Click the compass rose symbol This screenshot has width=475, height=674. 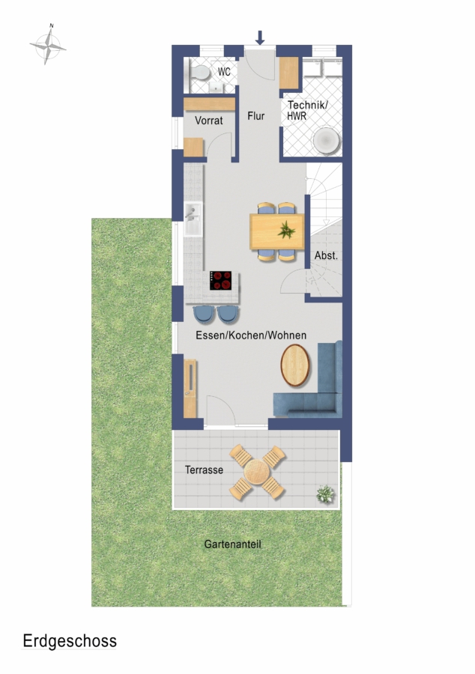click(x=48, y=45)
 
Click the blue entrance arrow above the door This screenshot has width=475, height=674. click(x=260, y=37)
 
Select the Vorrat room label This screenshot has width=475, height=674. click(x=209, y=121)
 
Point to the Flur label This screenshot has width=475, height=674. click(x=255, y=116)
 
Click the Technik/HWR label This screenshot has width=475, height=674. click(x=307, y=110)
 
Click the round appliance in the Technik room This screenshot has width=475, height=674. click(x=326, y=141)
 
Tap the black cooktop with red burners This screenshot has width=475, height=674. click(x=220, y=280)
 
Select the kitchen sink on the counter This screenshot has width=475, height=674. click(x=193, y=219)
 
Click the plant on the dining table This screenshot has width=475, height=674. click(x=286, y=231)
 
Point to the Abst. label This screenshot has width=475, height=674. click(x=326, y=255)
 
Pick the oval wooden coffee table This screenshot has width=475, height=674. click(x=295, y=365)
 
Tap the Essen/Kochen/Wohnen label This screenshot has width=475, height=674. click(x=251, y=336)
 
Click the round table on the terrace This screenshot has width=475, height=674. click(x=257, y=472)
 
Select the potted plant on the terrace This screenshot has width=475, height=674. click(x=325, y=494)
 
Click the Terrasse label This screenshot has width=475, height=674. click(x=204, y=470)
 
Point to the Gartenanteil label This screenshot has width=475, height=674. click(x=232, y=544)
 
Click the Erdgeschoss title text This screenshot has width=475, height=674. click(x=70, y=641)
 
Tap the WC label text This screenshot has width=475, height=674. click(x=224, y=72)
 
